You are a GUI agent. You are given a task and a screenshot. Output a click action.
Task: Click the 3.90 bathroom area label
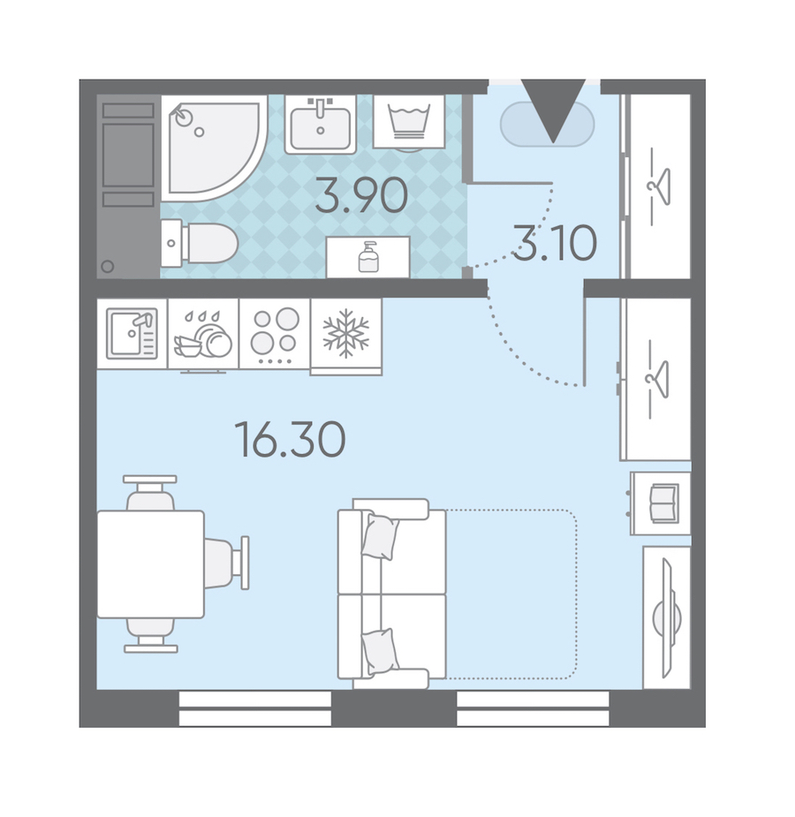coord(361,196)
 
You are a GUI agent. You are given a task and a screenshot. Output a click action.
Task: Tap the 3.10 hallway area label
coord(555,243)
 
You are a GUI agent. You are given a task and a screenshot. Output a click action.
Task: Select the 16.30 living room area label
coord(291,440)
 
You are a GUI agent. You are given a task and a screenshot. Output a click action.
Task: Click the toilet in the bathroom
coord(200,243)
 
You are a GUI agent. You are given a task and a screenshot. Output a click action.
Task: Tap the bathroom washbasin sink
coord(321,125)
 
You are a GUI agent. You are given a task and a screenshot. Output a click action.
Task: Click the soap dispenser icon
coord(369,257)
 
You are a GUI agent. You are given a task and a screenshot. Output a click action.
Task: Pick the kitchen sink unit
coord(132,334)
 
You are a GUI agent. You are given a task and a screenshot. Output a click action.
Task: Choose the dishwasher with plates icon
coord(202,337)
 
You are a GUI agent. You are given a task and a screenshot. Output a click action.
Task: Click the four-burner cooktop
coord(274,334)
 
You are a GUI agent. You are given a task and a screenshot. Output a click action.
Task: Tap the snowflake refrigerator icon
coord(346,334)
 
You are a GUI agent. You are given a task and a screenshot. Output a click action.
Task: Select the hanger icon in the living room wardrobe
coord(657,380)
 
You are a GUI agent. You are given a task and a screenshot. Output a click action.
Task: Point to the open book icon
coord(664,503)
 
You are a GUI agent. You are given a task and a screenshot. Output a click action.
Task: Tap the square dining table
coord(150,564)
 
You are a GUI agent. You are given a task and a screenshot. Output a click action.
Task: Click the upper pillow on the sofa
coord(381,537)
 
